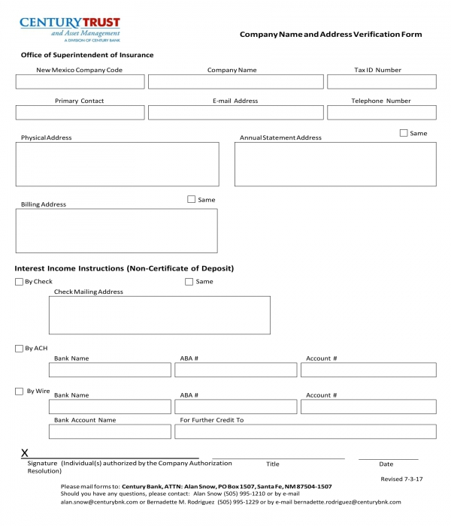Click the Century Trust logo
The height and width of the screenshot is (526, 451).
click(69, 29)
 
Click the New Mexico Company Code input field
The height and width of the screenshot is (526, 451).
click(80, 82)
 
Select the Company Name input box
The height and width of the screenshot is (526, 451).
click(236, 82)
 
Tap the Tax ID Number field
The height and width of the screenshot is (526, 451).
click(381, 82)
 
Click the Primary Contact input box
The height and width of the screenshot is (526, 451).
click(80, 113)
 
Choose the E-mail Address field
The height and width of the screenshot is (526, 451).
click(236, 113)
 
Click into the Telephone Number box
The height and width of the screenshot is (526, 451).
click(381, 113)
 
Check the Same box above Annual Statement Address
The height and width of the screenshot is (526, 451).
click(404, 133)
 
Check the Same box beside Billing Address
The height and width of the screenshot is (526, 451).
click(191, 199)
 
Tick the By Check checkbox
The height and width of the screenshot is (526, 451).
click(19, 282)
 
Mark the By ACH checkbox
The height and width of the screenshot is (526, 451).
click(19, 349)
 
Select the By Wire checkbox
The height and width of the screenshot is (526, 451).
click(19, 391)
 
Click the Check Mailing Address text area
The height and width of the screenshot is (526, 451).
click(159, 315)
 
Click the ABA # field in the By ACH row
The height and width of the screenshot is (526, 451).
click(236, 370)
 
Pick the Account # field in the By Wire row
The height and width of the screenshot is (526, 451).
click(368, 407)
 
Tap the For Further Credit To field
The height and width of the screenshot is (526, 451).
click(305, 431)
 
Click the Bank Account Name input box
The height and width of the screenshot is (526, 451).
click(110, 431)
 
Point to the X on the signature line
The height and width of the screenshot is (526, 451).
click(25, 453)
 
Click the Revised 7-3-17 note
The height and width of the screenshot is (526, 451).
click(401, 479)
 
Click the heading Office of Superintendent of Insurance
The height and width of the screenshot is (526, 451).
click(86, 56)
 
